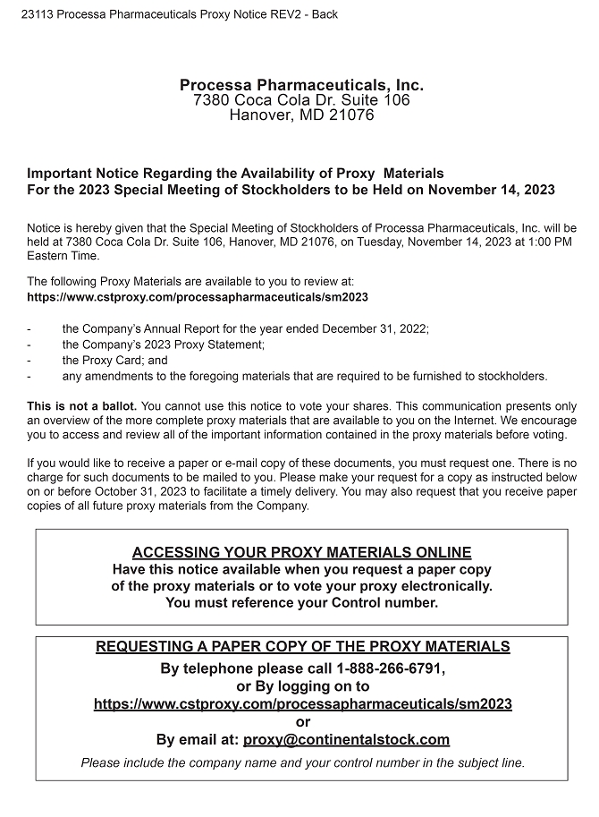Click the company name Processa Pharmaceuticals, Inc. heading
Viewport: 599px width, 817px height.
click(x=301, y=85)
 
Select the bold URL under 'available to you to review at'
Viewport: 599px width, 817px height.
click(x=198, y=297)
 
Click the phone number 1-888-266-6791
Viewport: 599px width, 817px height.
click(x=390, y=668)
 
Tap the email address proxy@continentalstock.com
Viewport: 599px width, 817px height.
click(x=346, y=739)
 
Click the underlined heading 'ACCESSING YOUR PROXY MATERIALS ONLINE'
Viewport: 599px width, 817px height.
click(x=301, y=552)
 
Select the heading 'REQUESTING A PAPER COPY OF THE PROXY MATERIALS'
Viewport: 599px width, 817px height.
click(x=302, y=646)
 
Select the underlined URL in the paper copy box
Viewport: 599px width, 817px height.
click(x=302, y=704)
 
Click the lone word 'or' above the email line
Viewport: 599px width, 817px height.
click(x=302, y=722)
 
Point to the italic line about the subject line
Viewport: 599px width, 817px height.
click(x=302, y=763)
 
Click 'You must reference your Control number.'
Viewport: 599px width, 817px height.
click(x=301, y=602)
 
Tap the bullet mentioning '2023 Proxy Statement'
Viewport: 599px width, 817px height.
click(x=163, y=345)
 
